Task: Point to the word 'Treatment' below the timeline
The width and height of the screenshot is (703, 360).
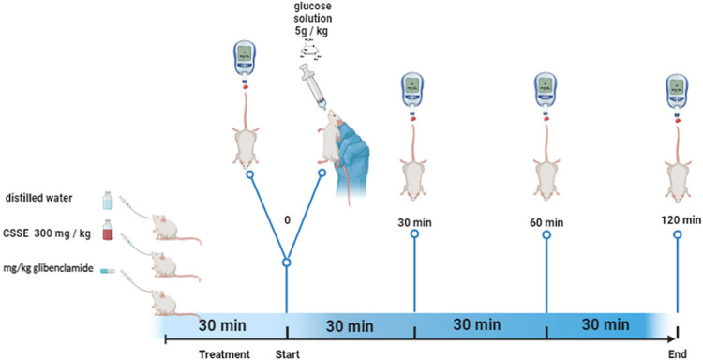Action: pyautogui.click(x=225, y=353)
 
